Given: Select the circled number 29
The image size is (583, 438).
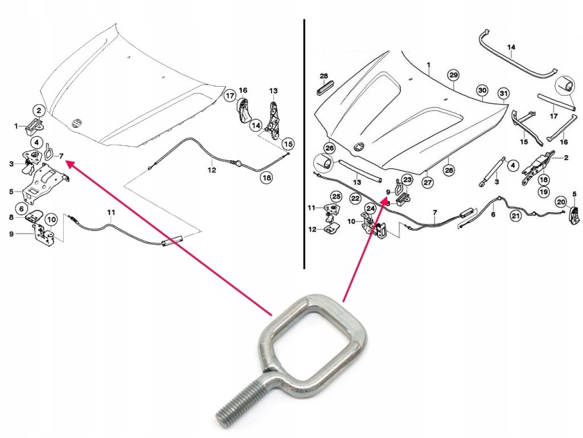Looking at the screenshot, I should [453, 75].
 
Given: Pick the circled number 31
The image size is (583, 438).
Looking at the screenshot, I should [503, 94].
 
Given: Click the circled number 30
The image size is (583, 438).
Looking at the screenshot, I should [482, 91].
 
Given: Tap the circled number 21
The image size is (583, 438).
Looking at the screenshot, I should [515, 216].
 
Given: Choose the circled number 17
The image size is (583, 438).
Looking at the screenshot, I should [229, 96].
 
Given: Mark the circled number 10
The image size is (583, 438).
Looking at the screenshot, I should [51, 219].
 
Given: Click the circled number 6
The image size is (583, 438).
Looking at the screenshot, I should [22, 209].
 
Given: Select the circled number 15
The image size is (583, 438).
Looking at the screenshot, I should [288, 144].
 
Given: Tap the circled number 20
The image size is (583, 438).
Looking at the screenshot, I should [560, 201].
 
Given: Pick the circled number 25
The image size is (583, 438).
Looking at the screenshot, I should [336, 197].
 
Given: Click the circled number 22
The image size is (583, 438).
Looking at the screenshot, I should [355, 198].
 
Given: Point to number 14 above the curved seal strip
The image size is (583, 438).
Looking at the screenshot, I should [511, 47].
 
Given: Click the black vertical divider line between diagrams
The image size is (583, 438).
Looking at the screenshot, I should [304, 143].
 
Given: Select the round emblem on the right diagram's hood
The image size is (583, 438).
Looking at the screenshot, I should [359, 147].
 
